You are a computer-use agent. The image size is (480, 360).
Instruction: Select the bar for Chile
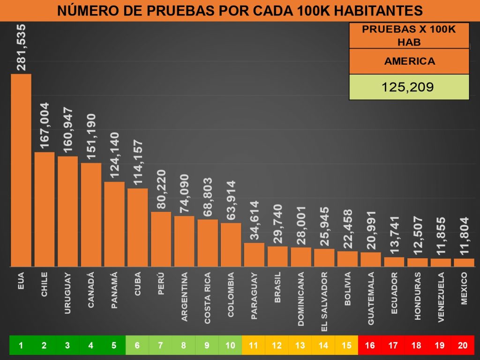[x=44, y=209]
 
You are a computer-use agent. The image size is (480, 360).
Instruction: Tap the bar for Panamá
[x=114, y=224]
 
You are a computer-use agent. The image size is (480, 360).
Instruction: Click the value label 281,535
[x=22, y=48]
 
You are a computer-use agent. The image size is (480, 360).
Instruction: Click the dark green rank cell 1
[x=21, y=345]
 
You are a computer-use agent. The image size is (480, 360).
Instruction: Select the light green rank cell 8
[x=184, y=345]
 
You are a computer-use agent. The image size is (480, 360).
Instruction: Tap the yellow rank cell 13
[x=300, y=345]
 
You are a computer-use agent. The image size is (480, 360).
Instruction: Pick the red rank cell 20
[x=463, y=345]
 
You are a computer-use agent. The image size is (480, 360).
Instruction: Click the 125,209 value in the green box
[x=409, y=87]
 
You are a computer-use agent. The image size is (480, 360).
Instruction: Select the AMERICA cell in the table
[x=409, y=61]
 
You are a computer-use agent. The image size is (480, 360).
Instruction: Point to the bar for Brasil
[x=277, y=256]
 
